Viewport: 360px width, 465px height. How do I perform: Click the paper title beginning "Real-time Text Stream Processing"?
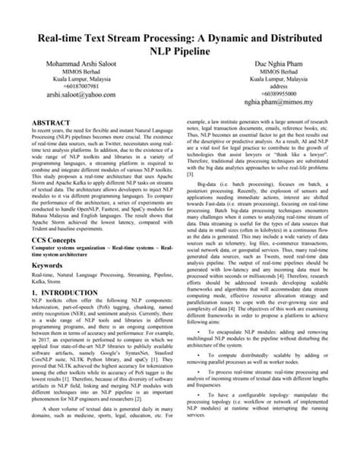tap(180, 45)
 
